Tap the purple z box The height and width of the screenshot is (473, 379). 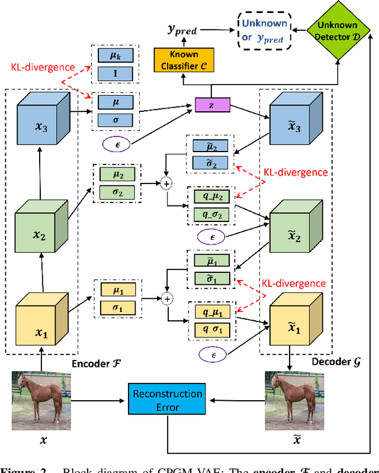pos(211,105)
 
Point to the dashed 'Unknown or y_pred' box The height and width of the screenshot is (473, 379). pos(264,31)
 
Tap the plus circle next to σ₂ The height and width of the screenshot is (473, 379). pos(167,184)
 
